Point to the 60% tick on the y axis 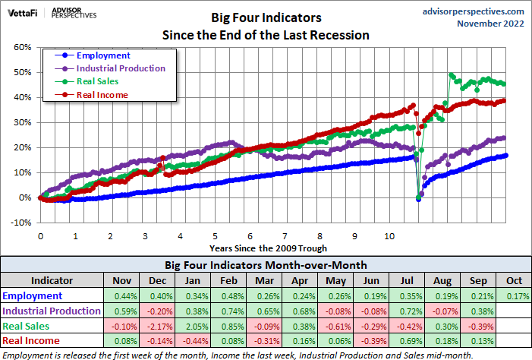click(x=22, y=47)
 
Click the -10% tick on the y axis click(x=20, y=223)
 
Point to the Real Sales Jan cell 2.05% click(x=194, y=326)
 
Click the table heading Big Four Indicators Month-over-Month click(x=265, y=265)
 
